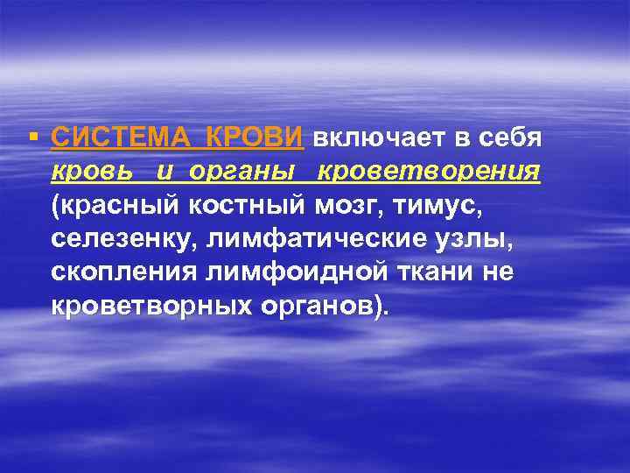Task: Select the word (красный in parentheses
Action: tap(115, 206)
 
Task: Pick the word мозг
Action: tap(350, 206)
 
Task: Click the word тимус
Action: tap(450, 206)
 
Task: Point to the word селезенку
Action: tap(122, 239)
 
